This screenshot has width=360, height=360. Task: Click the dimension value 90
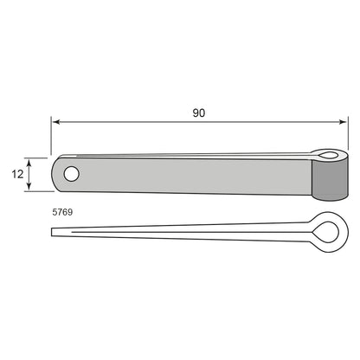tap(199, 112)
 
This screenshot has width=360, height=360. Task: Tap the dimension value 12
tap(17, 174)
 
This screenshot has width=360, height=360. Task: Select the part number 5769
tap(62, 212)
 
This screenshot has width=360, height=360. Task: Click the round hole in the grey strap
tap(71, 174)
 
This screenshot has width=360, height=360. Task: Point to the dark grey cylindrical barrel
tap(330, 179)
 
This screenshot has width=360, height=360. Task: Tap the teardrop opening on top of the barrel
tap(328, 156)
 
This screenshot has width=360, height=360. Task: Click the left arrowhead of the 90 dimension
tap(57, 122)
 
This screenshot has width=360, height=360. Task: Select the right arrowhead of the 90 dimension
tap(343, 122)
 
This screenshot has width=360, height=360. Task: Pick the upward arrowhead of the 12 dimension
tap(29, 164)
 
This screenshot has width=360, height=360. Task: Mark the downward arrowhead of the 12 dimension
tap(29, 185)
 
